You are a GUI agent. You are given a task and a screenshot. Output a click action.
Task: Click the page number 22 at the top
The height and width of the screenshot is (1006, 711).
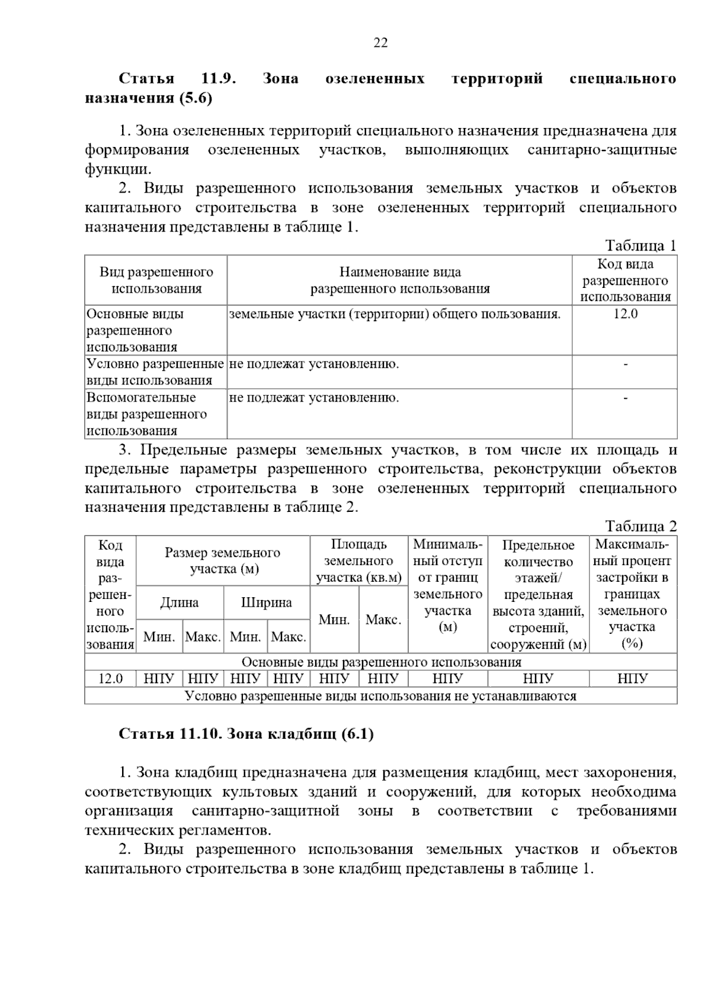pos(380,43)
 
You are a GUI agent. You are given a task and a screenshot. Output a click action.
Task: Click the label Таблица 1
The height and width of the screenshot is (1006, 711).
pos(640,246)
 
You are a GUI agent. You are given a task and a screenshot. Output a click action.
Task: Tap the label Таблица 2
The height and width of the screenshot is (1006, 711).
pos(640,526)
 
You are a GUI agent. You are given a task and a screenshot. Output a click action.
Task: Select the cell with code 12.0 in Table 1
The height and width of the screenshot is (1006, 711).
pos(624,314)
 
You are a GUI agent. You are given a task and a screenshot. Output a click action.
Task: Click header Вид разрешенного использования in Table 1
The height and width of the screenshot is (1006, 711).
pos(156,280)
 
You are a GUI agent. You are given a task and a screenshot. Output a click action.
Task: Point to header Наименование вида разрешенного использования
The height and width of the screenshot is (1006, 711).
pos(400,280)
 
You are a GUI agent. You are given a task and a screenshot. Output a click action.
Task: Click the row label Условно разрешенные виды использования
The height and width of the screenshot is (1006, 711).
pos(155,372)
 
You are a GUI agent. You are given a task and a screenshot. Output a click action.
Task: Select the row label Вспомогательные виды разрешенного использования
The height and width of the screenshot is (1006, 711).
pos(147,414)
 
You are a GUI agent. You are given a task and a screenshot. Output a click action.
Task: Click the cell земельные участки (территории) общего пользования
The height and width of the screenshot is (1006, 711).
pos(395,314)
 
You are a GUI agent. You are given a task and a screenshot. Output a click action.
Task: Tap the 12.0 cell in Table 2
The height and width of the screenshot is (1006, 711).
pos(110,679)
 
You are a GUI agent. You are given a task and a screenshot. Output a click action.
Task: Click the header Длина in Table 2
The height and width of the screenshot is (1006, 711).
pos(180,603)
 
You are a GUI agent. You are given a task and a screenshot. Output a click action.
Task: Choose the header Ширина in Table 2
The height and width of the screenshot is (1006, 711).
pos(267,603)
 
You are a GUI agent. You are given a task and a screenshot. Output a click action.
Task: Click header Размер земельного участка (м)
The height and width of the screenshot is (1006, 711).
pos(223,560)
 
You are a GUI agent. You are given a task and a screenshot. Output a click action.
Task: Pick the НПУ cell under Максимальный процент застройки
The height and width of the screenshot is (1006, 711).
pos(632,679)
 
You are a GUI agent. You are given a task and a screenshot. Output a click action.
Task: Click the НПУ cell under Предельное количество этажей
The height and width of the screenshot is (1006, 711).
pos(538,679)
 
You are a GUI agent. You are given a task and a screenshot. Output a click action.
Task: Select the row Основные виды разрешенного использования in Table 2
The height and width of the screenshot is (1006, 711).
pos(381,662)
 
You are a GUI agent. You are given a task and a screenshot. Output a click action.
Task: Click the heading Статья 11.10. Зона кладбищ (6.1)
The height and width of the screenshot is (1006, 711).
pos(246,734)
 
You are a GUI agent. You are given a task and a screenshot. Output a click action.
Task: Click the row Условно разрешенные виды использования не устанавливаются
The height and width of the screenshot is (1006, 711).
pos(381,696)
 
